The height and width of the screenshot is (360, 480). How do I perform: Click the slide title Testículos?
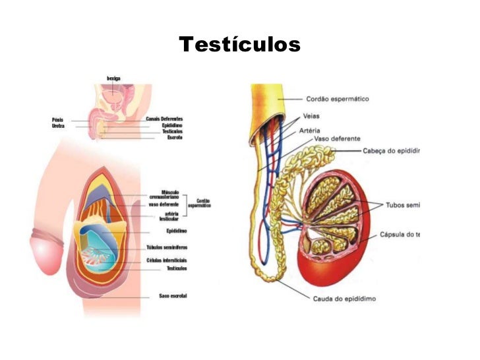239,45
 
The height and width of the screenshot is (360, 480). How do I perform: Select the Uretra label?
58,125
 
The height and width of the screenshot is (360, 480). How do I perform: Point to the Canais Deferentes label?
164,119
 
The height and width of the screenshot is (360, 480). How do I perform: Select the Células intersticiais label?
166,260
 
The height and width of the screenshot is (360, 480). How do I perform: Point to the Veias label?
315,116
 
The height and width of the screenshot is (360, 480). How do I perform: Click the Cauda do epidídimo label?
344,299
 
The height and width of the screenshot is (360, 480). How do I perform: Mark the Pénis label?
57,119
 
